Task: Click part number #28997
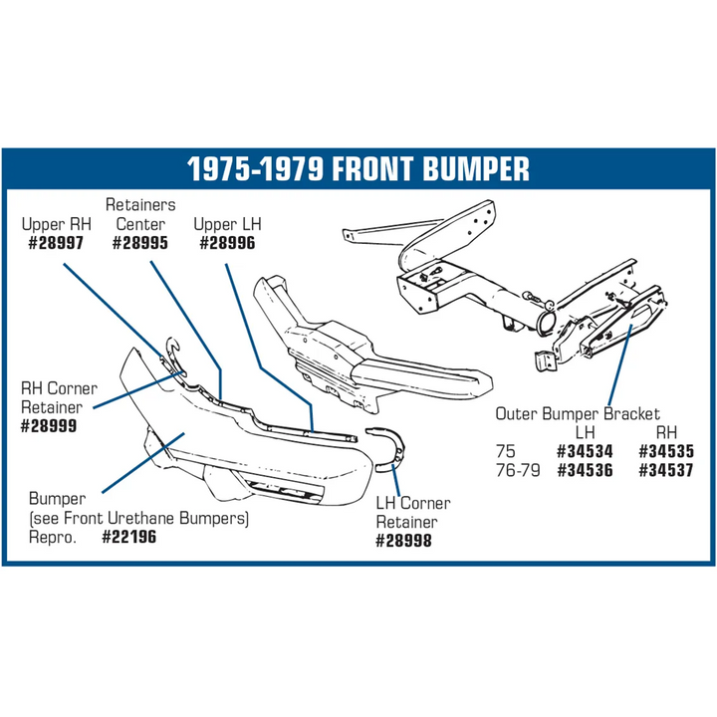[x=56, y=243]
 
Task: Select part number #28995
[x=140, y=243]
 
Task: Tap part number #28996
[x=227, y=243]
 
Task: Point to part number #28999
[x=49, y=426]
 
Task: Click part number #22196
[x=128, y=537]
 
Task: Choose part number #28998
[x=403, y=541]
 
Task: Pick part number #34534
[x=585, y=452]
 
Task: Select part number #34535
[x=666, y=452]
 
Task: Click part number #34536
[x=585, y=470]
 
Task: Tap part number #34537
[x=666, y=470]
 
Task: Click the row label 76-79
[x=518, y=470]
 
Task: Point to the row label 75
[x=506, y=452]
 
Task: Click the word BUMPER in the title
[x=475, y=168]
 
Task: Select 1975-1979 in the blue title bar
[x=256, y=168]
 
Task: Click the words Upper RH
[x=56, y=224]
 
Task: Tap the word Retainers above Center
[x=140, y=205]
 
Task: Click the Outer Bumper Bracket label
[x=578, y=414]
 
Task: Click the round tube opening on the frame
[x=546, y=324]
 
